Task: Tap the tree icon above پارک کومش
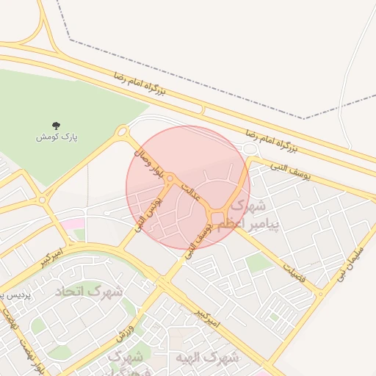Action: tap(57, 126)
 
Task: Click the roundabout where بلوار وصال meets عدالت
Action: tap(170, 178)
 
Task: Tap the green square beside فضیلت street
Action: tap(257, 262)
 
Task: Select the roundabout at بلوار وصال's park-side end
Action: tap(123, 131)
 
